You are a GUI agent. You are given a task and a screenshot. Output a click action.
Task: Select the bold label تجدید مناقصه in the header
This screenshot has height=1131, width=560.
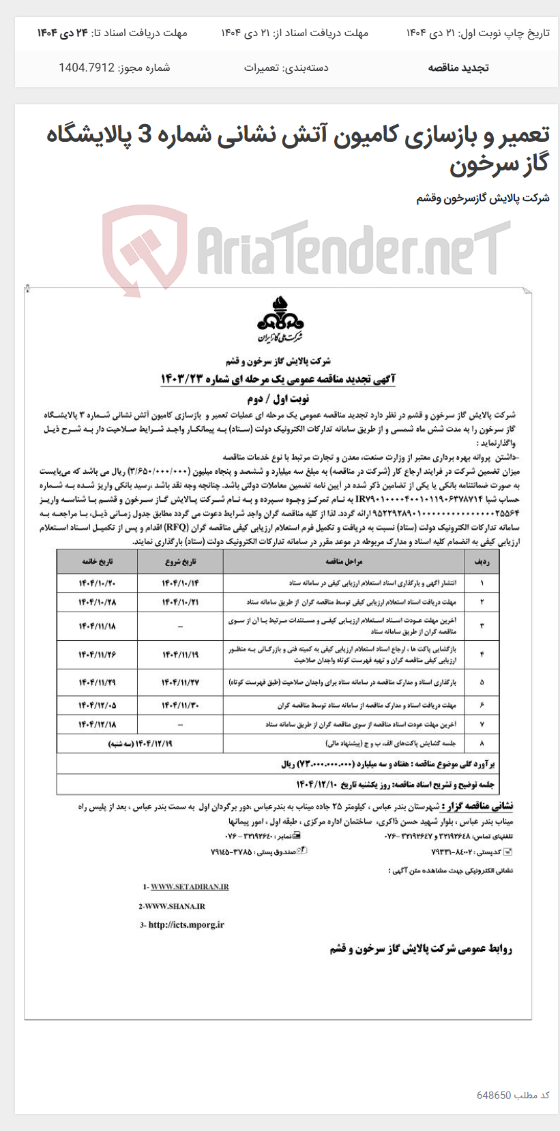click(458, 68)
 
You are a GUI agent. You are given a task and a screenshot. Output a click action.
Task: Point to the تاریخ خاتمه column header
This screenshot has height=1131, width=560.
click(98, 561)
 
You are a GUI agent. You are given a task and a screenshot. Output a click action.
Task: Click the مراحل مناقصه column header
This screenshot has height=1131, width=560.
click(343, 561)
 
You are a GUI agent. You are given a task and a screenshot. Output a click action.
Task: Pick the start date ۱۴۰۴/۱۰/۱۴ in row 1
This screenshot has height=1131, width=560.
click(180, 584)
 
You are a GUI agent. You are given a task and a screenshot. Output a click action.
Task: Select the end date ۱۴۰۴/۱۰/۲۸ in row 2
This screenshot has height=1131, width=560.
click(98, 603)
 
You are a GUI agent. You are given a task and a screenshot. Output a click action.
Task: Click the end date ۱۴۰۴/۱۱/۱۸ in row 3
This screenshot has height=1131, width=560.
click(98, 626)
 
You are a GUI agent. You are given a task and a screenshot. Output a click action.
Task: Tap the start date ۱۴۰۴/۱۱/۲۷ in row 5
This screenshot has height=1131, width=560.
click(180, 682)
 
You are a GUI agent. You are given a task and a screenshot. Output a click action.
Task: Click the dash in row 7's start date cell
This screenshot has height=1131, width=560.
click(180, 724)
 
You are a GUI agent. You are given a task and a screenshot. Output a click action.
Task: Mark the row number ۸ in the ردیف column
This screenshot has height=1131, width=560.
click(482, 743)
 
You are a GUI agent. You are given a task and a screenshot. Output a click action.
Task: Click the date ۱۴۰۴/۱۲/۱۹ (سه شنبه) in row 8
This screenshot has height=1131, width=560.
click(140, 743)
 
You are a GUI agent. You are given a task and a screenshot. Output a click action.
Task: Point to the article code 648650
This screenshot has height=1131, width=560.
click(494, 1095)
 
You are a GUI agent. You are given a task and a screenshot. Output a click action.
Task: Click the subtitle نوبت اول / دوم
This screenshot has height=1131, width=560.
click(278, 399)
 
